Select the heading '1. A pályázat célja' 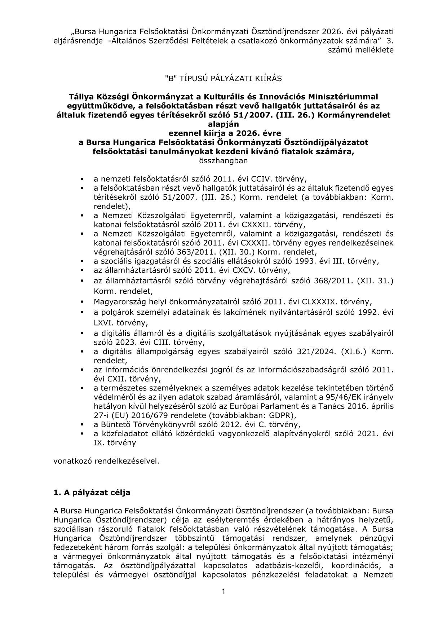(x=92, y=492)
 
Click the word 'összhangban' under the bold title (x=223, y=161)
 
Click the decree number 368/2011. (x=335, y=280)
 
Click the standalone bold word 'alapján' (x=223, y=124)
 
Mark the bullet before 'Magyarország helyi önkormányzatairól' (x=83, y=301)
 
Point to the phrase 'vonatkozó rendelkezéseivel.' (x=106, y=461)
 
